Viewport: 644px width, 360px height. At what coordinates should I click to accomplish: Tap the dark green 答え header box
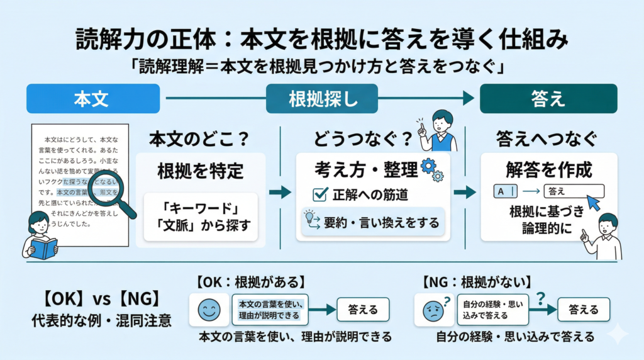coord(548,99)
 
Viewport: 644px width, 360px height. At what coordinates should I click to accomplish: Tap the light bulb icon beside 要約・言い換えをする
coord(310,217)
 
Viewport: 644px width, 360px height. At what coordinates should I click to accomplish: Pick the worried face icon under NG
coord(434,310)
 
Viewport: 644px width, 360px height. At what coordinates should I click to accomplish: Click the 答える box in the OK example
coord(363,309)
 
